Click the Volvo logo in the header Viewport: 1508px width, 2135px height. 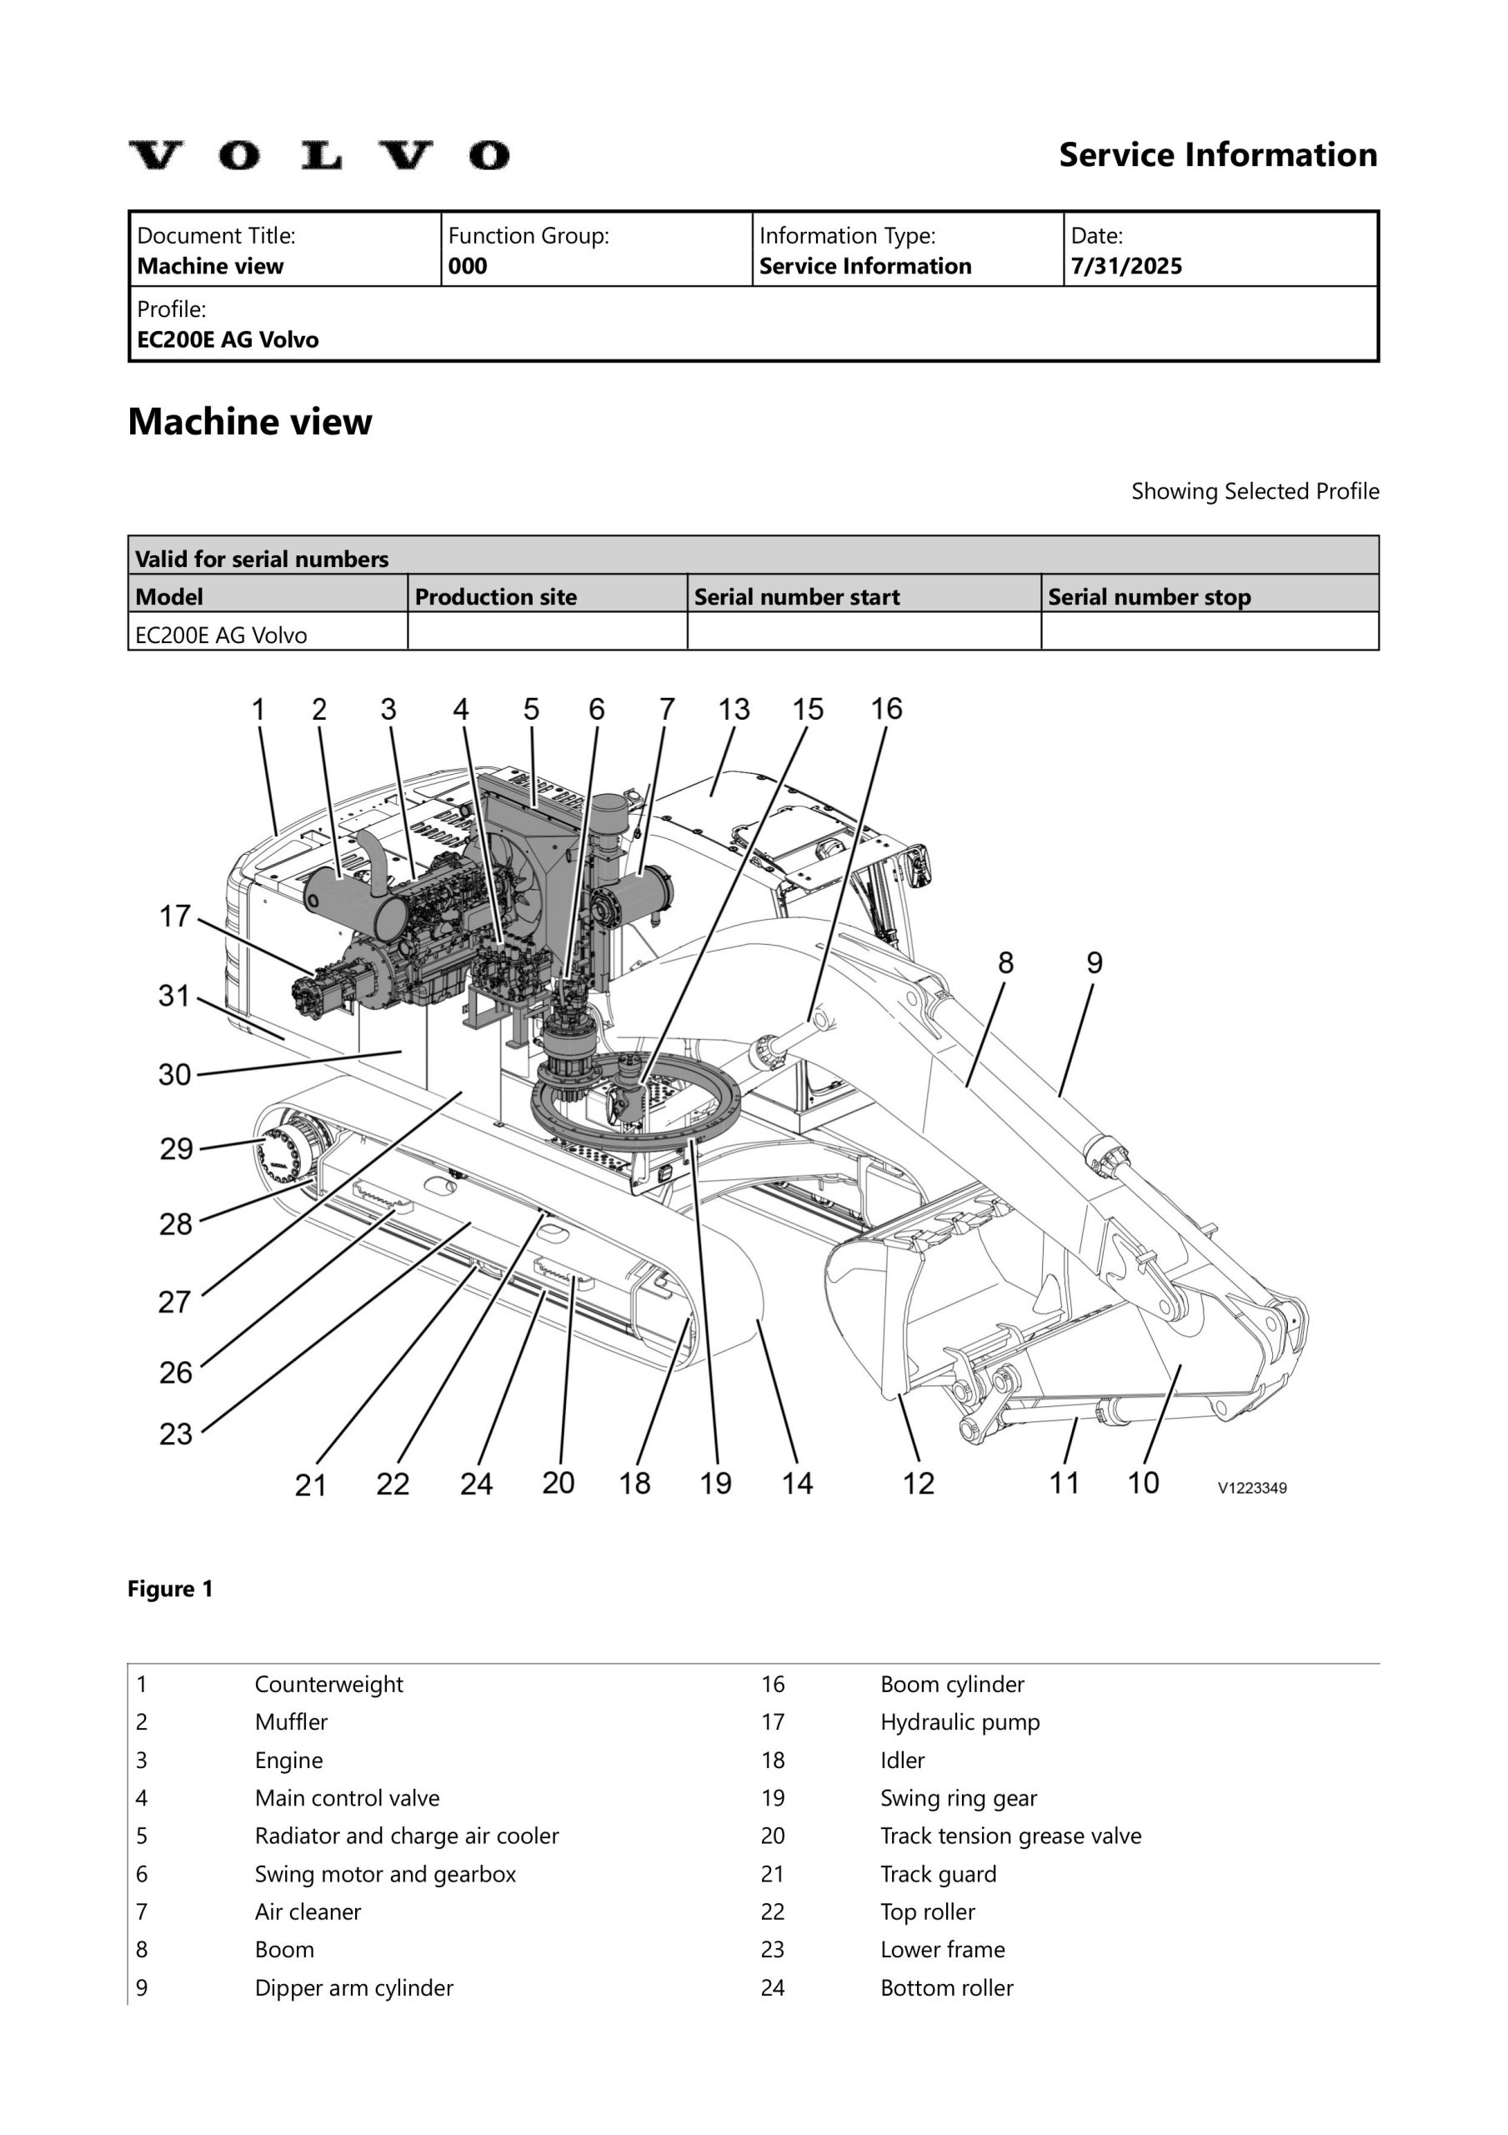(319, 155)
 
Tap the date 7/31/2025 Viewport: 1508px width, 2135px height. (1126, 267)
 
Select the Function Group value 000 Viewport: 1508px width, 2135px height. (467, 267)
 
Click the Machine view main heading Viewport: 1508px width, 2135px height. (249, 422)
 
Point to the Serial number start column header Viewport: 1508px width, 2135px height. (796, 597)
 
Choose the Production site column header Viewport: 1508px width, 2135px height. (494, 597)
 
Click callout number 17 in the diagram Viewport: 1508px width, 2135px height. (175, 917)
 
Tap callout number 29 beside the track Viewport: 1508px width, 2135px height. (177, 1148)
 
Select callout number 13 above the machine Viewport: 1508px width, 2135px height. (734, 710)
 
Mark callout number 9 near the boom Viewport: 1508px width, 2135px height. (1095, 962)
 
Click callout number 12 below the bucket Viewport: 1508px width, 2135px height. (919, 1483)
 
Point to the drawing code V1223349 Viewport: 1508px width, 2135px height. (1251, 1488)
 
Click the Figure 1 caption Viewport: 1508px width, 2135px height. (170, 1590)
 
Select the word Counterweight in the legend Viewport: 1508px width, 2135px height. (328, 1685)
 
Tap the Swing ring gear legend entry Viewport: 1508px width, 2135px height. (958, 1798)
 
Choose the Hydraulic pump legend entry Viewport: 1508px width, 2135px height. (959, 1722)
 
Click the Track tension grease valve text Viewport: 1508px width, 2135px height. (1010, 1836)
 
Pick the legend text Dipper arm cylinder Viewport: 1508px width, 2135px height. (353, 1988)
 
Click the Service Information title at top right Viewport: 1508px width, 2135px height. (1217, 155)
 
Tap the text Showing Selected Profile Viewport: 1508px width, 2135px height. (1255, 491)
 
